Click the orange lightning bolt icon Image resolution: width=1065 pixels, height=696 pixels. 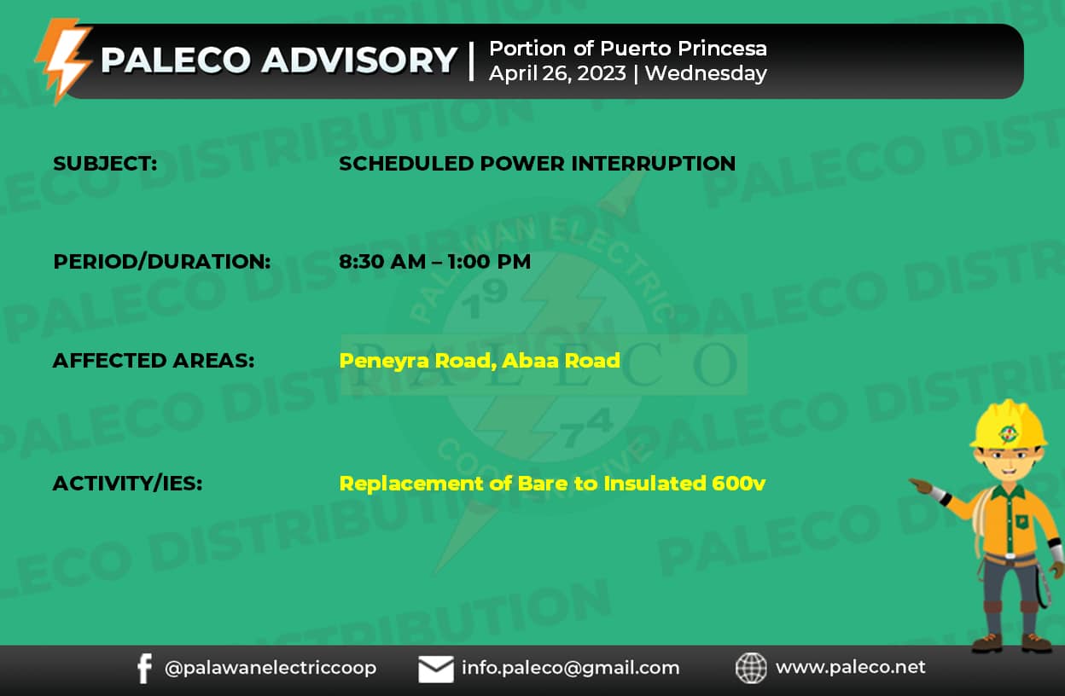(64, 61)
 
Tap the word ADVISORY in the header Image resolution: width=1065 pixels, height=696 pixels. (359, 61)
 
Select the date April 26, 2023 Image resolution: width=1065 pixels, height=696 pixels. (558, 74)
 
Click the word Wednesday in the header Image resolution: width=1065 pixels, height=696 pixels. (706, 73)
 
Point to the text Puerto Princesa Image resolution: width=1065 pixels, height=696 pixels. (684, 49)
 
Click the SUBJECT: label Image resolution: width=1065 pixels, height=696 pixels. (105, 164)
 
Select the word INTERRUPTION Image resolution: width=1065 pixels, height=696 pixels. (654, 164)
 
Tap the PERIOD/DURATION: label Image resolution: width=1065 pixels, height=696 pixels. (161, 262)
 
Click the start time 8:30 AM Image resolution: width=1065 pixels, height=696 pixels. (382, 262)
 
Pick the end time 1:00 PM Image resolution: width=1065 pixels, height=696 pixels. (489, 262)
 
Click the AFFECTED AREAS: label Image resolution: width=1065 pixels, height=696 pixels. (154, 361)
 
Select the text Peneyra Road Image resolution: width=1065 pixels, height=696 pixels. (415, 361)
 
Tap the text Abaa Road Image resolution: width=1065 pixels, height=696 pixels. (561, 361)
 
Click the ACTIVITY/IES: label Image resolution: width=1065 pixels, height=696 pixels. (127, 484)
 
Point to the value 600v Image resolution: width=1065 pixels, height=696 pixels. (739, 484)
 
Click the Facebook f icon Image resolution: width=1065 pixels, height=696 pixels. (144, 669)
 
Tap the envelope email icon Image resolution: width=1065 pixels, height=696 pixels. (436, 669)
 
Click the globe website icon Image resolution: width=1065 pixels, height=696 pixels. (751, 668)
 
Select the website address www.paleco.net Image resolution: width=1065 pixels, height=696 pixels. (851, 667)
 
